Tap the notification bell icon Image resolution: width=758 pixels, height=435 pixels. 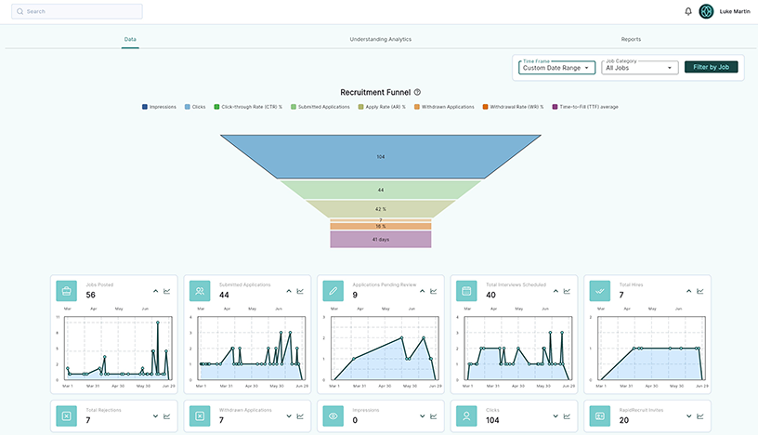[688, 11]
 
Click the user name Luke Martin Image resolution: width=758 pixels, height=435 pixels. [736, 12]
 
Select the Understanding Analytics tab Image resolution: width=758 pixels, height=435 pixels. [380, 40]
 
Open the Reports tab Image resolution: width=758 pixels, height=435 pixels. [631, 40]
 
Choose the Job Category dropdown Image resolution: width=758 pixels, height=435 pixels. [639, 68]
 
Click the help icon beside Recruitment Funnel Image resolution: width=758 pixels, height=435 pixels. [418, 92]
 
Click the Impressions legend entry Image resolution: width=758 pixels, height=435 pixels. [160, 107]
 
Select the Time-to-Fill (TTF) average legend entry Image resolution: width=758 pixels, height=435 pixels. [586, 107]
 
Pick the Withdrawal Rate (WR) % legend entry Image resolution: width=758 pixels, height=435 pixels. [513, 107]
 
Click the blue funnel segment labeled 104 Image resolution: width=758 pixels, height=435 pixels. [380, 156]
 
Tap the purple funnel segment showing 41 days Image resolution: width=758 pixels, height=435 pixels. [380, 240]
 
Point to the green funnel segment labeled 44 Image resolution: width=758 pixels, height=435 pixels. [380, 190]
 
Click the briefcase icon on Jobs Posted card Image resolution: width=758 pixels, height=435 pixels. [67, 291]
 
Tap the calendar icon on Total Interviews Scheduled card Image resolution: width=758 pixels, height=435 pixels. [468, 291]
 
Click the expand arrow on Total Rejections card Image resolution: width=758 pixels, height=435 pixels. [155, 416]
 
